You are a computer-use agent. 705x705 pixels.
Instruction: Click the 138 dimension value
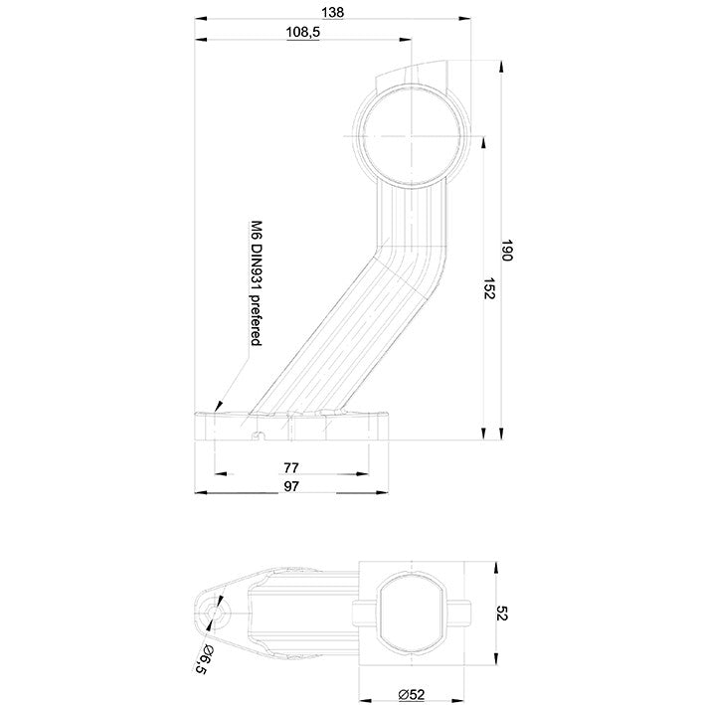point(333,12)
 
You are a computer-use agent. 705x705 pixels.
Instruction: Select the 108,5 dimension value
point(303,33)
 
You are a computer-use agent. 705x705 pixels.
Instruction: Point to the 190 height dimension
point(507,251)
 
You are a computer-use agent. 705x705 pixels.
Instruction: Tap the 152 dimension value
point(489,288)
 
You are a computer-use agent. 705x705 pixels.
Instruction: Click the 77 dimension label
point(291,468)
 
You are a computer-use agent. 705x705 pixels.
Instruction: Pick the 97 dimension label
point(291,486)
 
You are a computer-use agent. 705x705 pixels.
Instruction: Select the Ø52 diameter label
point(412,695)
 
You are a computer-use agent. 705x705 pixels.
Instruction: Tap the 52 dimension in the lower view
point(502,613)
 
